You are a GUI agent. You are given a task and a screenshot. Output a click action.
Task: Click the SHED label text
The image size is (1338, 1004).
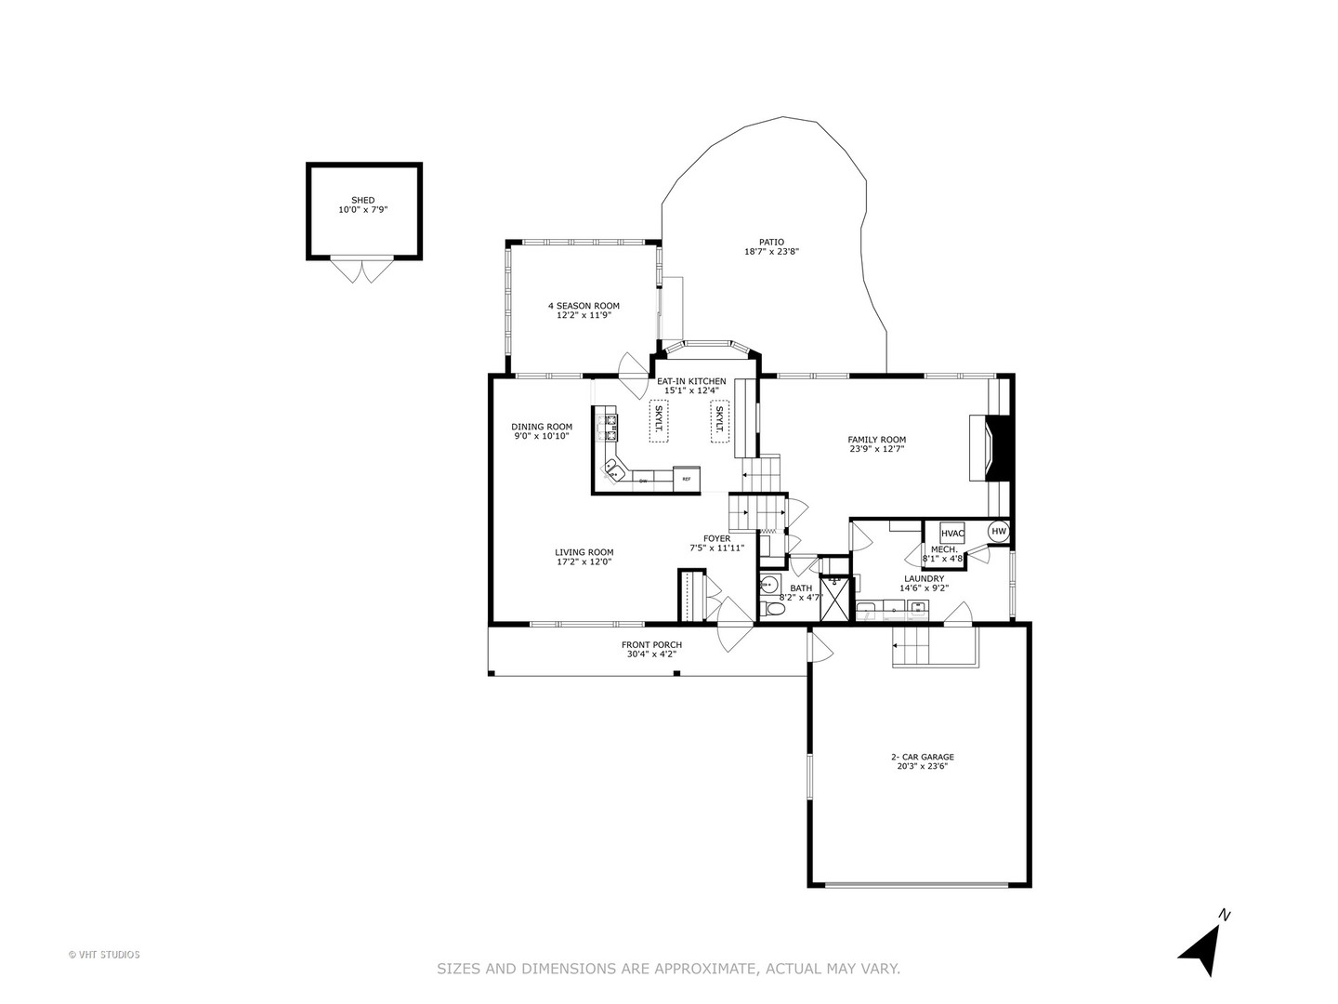pos(362,200)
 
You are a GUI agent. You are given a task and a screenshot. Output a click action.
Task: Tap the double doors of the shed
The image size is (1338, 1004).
pos(362,271)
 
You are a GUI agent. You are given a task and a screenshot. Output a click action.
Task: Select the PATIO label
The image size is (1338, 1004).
pos(771,242)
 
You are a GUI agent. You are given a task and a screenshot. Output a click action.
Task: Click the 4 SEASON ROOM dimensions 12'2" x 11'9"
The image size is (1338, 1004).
pos(584,315)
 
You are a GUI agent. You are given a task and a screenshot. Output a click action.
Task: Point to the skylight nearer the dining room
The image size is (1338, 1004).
pos(658,420)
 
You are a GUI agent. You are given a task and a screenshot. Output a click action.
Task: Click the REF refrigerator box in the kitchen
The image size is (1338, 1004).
pos(687,478)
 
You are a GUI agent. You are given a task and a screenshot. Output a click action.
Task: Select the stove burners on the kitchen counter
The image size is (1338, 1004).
pos(612,426)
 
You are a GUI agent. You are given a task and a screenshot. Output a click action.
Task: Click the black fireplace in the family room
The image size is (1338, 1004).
pos(1002,448)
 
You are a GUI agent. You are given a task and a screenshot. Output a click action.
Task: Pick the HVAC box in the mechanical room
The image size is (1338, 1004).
pos(952,534)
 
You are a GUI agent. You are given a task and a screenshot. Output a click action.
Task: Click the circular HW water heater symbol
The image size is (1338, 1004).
pos(999,532)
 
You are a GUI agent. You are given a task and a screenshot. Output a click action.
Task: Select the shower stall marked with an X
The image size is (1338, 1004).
pos(834,600)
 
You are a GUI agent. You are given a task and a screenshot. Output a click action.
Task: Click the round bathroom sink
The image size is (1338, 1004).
pos(768,586)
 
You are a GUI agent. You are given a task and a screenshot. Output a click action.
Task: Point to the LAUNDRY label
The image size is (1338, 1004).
pos(924,578)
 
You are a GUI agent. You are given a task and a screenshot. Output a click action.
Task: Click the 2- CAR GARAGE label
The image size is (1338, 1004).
pos(922,757)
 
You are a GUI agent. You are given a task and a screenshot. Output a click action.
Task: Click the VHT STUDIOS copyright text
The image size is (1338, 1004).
pos(104,954)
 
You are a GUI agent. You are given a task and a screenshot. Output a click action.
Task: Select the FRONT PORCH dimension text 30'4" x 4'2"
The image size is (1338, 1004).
pos(651,654)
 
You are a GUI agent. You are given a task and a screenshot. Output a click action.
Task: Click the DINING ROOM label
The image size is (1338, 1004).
pos(542,427)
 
